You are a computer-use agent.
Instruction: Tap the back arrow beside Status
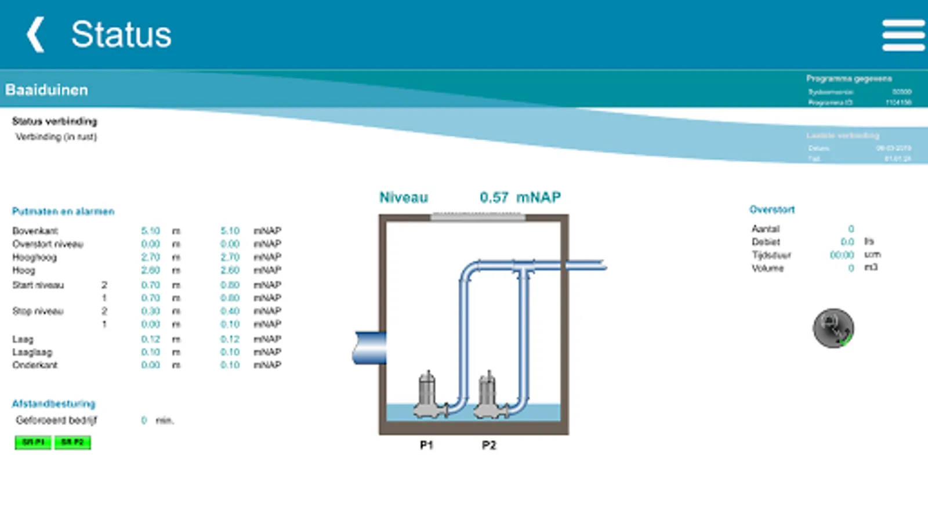pyautogui.click(x=36, y=34)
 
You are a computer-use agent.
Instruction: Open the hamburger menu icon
pyautogui.click(x=903, y=35)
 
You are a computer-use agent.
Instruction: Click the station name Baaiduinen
pyautogui.click(x=46, y=90)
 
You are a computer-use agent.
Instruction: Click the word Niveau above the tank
pyautogui.click(x=404, y=198)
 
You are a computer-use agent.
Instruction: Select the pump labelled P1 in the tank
pyautogui.click(x=428, y=396)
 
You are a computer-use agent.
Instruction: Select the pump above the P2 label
pyautogui.click(x=488, y=396)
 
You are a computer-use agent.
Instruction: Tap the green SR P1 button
pyautogui.click(x=33, y=443)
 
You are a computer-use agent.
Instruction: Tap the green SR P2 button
pyautogui.click(x=72, y=443)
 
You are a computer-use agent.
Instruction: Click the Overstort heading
pyautogui.click(x=772, y=209)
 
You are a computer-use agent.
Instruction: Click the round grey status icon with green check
pyautogui.click(x=833, y=328)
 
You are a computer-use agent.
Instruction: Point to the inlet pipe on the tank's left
pyautogui.click(x=369, y=348)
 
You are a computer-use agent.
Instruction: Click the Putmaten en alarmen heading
pyautogui.click(x=63, y=211)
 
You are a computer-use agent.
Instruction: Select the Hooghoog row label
pyautogui.click(x=34, y=257)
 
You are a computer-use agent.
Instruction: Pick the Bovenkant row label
pyautogui.click(x=35, y=231)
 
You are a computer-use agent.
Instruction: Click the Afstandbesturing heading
pyautogui.click(x=53, y=404)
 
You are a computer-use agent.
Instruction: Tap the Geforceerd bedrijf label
pyautogui.click(x=56, y=420)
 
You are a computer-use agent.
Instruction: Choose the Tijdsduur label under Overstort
pyautogui.click(x=771, y=255)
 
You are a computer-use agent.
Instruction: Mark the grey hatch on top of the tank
pyautogui.click(x=478, y=216)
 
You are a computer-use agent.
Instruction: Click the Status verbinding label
pyautogui.click(x=55, y=121)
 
